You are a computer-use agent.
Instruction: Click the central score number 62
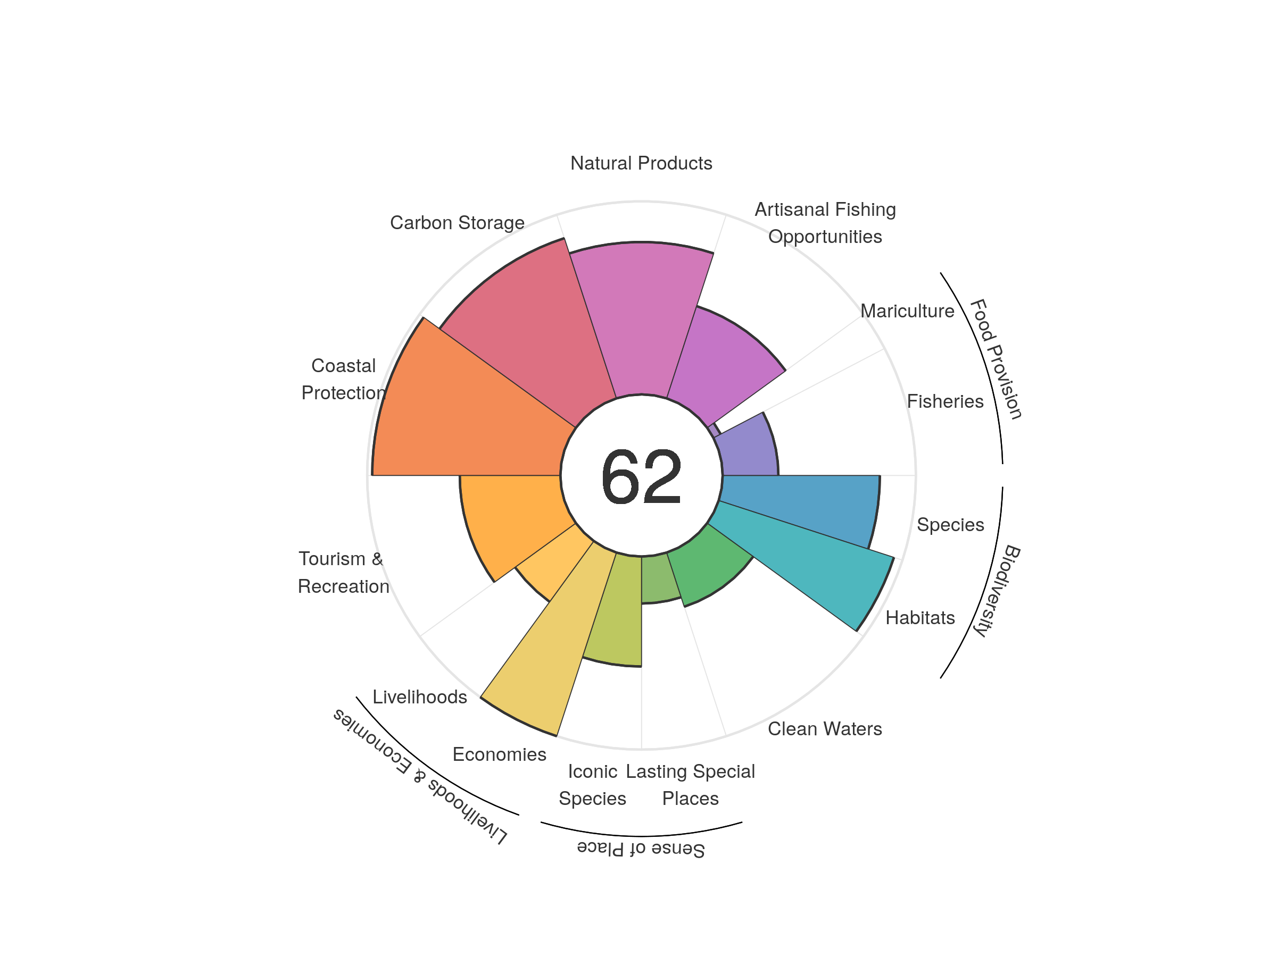point(641,477)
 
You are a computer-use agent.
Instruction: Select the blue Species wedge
point(802,502)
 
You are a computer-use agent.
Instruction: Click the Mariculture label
point(907,311)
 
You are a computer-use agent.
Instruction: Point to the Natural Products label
point(641,163)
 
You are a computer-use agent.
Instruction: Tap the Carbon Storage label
point(457,223)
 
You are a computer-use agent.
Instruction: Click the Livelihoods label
point(419,697)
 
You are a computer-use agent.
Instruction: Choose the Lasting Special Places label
point(690,785)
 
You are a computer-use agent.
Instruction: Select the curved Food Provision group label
point(996,359)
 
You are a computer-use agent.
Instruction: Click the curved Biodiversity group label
point(998,590)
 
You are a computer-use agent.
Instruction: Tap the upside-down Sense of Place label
point(641,849)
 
